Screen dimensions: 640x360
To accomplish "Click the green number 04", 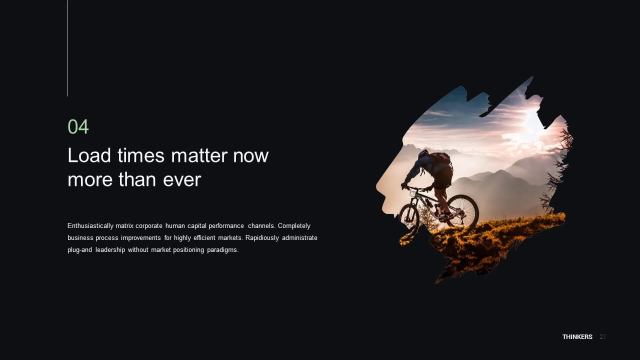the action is point(78,126).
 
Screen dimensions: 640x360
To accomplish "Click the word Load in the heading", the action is point(89,155).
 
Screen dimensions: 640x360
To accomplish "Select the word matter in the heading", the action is point(199,156).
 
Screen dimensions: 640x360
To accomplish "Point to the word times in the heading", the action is point(141,155).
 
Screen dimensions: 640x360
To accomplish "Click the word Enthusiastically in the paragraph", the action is point(90,226).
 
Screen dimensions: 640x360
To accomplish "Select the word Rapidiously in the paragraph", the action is point(262,238).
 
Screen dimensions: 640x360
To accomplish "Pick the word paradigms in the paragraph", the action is point(222,250).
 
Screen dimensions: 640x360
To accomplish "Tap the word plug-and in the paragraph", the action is point(79,250).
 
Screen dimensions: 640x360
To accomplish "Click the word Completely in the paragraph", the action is point(294,226).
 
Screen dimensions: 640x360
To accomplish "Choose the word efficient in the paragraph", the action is point(204,237).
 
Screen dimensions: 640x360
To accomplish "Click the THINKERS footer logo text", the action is point(577,337).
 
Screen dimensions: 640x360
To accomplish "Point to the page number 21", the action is point(602,337).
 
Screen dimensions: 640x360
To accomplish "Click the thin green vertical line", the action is point(67,48).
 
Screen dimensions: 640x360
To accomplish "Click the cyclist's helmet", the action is point(423,154).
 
